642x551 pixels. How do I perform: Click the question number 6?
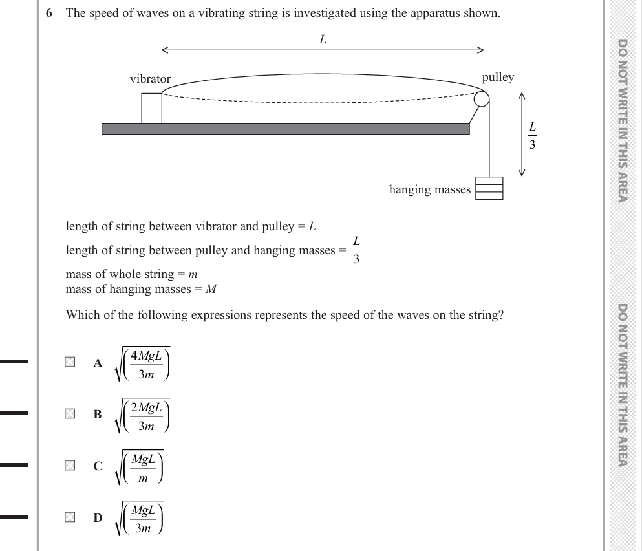tap(50, 14)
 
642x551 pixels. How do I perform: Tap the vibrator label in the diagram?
tap(150, 79)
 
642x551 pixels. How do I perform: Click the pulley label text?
tap(498, 77)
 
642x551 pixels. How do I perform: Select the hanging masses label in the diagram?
tap(429, 189)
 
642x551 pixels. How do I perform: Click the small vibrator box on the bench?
tap(151, 108)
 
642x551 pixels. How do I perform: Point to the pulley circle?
tap(482, 99)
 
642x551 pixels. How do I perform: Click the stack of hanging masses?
tap(489, 188)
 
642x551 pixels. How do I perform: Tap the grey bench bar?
tap(285, 129)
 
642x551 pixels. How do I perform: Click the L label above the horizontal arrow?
tap(323, 39)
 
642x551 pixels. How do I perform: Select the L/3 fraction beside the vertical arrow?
tap(532, 136)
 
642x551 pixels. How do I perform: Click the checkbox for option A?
tap(69, 362)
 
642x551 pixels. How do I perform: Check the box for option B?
tap(69, 414)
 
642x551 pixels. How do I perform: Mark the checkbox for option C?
tap(69, 465)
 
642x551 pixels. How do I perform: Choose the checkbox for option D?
tap(69, 517)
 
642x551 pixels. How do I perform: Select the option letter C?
tap(98, 466)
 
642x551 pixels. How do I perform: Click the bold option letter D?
tap(98, 517)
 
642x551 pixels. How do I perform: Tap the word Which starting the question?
tap(81, 316)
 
